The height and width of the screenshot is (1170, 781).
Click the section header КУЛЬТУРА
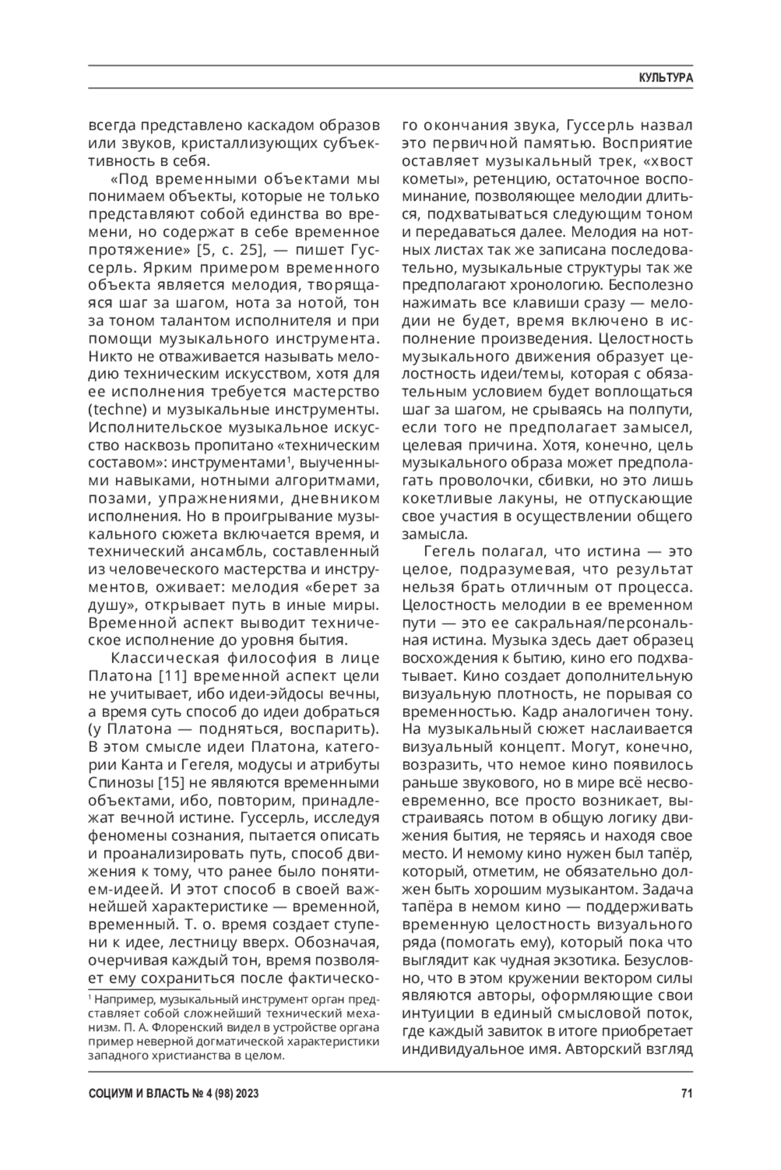coord(665,77)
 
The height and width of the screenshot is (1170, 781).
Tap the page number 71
coord(686,1094)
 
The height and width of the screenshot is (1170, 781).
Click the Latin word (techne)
coord(114,410)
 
